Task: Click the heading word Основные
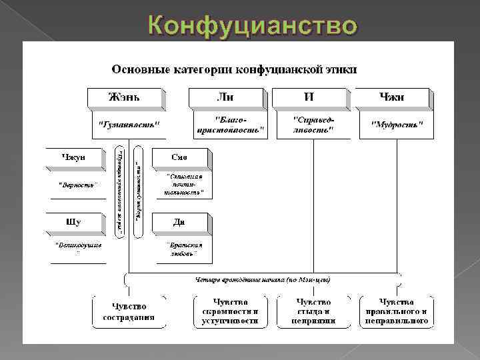click(137, 69)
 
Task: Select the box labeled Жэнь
click(125, 97)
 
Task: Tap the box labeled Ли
click(226, 97)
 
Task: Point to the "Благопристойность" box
click(231, 124)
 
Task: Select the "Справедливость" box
click(313, 124)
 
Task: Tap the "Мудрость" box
click(396, 124)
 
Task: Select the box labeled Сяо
click(180, 157)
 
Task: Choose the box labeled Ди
click(180, 221)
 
